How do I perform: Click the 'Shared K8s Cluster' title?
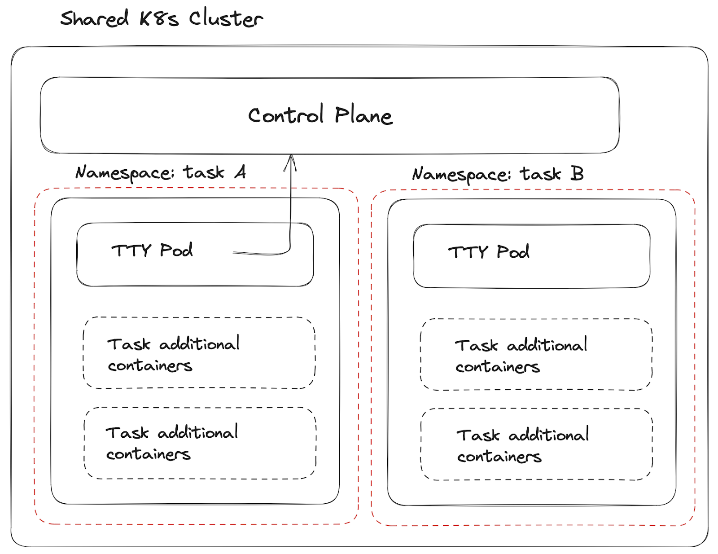[x=162, y=19]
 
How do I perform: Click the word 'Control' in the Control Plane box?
[x=286, y=115]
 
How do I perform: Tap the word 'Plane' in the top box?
[x=363, y=115]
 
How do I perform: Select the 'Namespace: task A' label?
[x=161, y=172]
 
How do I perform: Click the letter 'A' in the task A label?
[x=241, y=171]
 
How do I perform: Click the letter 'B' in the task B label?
[x=577, y=173]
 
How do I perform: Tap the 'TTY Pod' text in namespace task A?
[x=152, y=250]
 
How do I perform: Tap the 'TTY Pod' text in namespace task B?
[x=489, y=252]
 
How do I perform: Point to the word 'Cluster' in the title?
[x=226, y=19]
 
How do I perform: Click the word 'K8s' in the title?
[x=159, y=19]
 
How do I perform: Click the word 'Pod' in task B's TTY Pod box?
[x=513, y=252]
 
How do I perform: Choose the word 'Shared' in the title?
[x=95, y=19]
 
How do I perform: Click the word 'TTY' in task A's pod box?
[x=131, y=250]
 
